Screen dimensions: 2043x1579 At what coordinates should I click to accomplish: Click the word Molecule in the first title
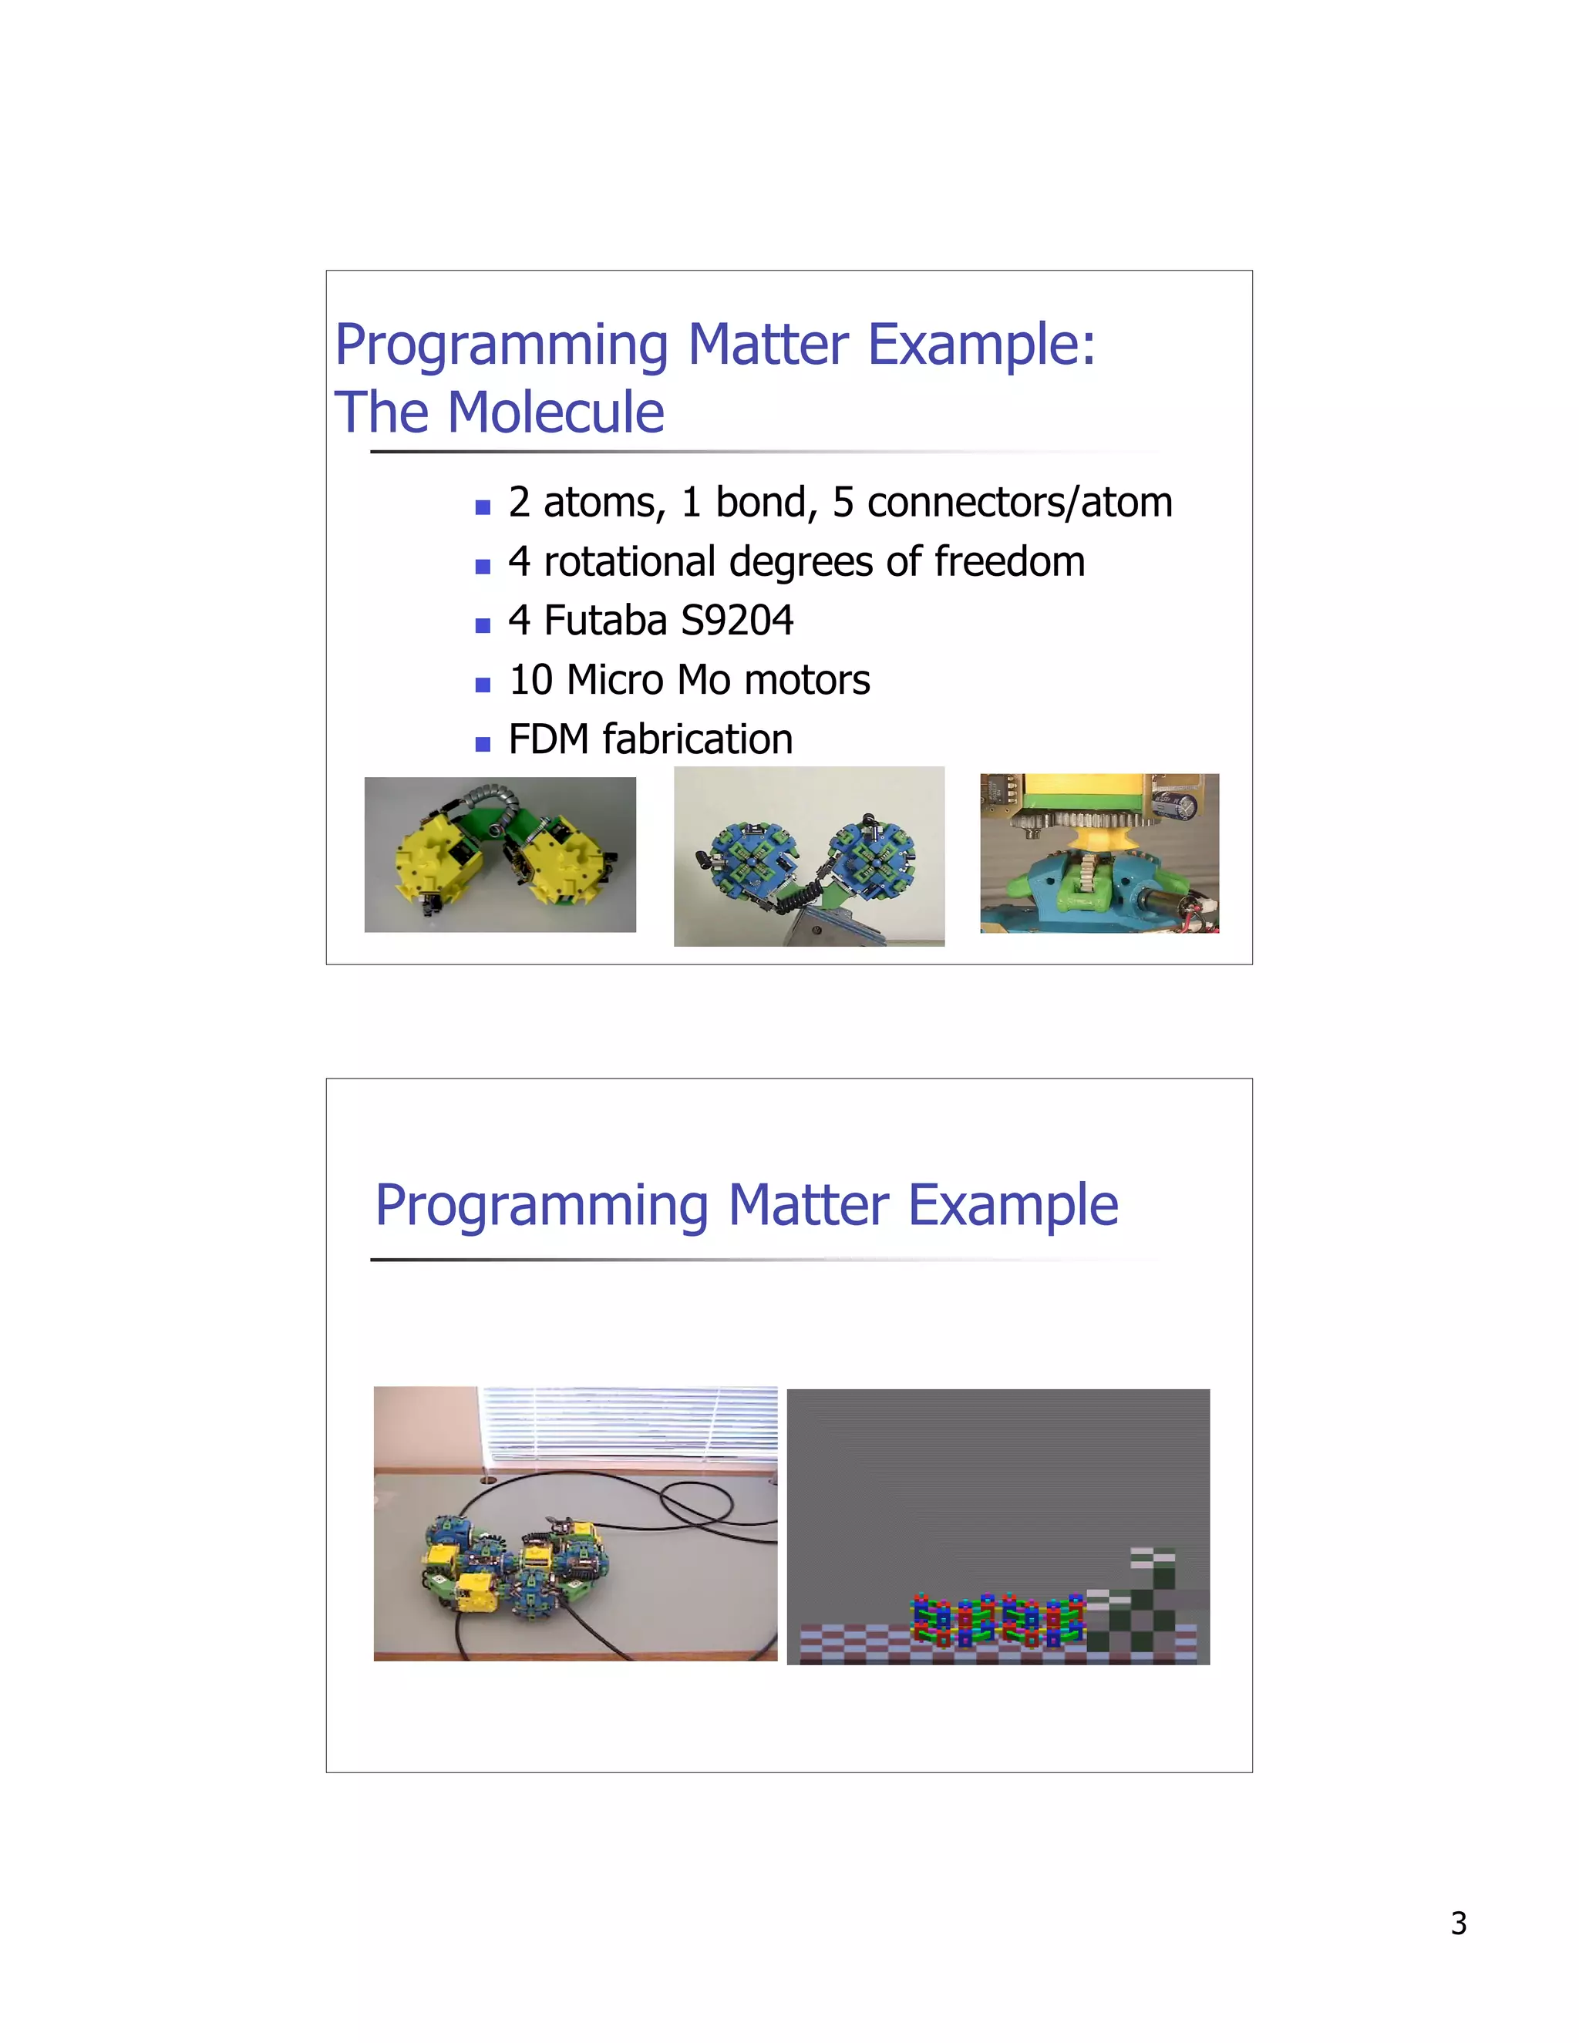(556, 412)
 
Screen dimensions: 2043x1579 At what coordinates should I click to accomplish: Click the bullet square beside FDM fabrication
(483, 745)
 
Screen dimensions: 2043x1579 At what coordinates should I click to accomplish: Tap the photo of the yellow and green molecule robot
(500, 854)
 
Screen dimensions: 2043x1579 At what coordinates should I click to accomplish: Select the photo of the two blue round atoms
(808, 856)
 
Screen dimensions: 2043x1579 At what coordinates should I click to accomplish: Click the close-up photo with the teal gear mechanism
(1099, 853)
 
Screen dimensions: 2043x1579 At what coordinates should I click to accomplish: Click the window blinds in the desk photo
(627, 1424)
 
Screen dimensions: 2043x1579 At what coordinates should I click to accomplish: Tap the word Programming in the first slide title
(501, 346)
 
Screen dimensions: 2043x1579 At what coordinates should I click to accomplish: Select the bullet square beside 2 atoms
(483, 508)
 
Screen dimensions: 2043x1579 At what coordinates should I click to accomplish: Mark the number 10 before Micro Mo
(530, 680)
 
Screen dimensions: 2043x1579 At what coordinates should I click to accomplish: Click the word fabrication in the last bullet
(698, 739)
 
